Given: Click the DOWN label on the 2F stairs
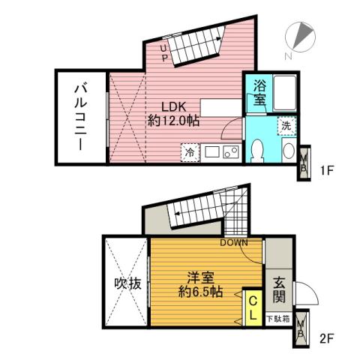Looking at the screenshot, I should coord(234,242).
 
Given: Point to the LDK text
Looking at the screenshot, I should coord(169,106).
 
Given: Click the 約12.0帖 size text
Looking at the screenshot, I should coord(173,121).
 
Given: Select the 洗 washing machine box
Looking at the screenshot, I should coord(286,125).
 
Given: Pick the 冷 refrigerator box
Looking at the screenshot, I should coord(190,152).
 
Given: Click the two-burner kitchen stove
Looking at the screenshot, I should coord(230,152).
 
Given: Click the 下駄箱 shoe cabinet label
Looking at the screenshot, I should coord(277,319).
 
